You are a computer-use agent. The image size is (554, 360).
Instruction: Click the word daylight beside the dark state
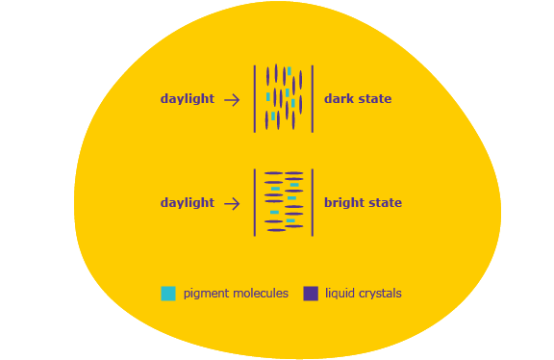(x=188, y=99)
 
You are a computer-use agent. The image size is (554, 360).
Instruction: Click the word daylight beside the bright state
(x=188, y=203)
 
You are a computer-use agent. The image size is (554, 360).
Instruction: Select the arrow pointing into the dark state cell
(x=232, y=100)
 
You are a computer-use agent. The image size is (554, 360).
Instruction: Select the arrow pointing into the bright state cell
(x=232, y=204)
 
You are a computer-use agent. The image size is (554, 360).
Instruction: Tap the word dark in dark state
(x=338, y=99)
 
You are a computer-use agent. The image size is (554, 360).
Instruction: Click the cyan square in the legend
(x=168, y=294)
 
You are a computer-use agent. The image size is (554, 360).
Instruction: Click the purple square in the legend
(x=311, y=294)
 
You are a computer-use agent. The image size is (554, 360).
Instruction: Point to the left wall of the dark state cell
(x=255, y=99)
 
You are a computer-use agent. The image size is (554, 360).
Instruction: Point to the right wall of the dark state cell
(x=313, y=99)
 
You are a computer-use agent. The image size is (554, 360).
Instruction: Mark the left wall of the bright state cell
(x=255, y=203)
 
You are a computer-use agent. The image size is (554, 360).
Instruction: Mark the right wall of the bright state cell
(x=313, y=203)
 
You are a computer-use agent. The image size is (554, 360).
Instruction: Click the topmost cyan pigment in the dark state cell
(x=289, y=71)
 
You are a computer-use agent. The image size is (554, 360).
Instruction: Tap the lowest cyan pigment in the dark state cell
(x=273, y=116)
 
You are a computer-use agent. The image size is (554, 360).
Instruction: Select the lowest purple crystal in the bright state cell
(x=276, y=230)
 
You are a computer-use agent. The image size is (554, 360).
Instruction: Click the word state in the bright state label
(x=385, y=203)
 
